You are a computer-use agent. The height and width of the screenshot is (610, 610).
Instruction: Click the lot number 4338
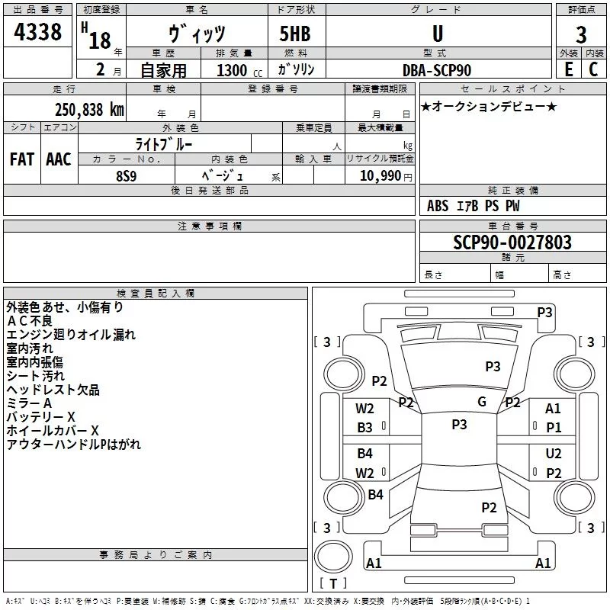[37, 31]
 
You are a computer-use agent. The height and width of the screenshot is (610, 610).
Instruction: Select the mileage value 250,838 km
[89, 110]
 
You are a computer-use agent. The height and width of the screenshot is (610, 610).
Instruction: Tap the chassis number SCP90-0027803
[512, 242]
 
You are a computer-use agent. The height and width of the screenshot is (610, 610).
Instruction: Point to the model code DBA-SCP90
[437, 70]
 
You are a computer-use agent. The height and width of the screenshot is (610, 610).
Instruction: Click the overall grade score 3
[581, 34]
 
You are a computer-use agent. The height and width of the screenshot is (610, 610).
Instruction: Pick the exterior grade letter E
[569, 69]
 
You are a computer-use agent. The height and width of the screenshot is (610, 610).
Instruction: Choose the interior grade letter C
[593, 69]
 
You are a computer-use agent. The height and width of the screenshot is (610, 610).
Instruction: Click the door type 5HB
[295, 34]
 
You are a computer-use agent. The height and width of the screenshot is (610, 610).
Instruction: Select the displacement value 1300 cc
[239, 70]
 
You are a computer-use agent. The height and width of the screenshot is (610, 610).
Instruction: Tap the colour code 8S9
[127, 176]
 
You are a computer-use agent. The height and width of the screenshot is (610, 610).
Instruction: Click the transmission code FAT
[22, 159]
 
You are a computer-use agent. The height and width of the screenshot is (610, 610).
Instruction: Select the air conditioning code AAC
[59, 159]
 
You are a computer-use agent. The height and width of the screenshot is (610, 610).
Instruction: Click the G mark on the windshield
[482, 402]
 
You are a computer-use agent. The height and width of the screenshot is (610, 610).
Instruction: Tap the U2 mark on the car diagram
[554, 453]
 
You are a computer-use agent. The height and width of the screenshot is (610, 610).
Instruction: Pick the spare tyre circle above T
[333, 557]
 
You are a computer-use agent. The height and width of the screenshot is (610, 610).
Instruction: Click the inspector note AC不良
[29, 321]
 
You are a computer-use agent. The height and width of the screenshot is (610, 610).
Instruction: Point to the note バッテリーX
[40, 417]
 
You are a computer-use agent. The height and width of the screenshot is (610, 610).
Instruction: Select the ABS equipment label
[438, 206]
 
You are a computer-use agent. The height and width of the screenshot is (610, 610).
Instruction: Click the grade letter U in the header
[438, 34]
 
